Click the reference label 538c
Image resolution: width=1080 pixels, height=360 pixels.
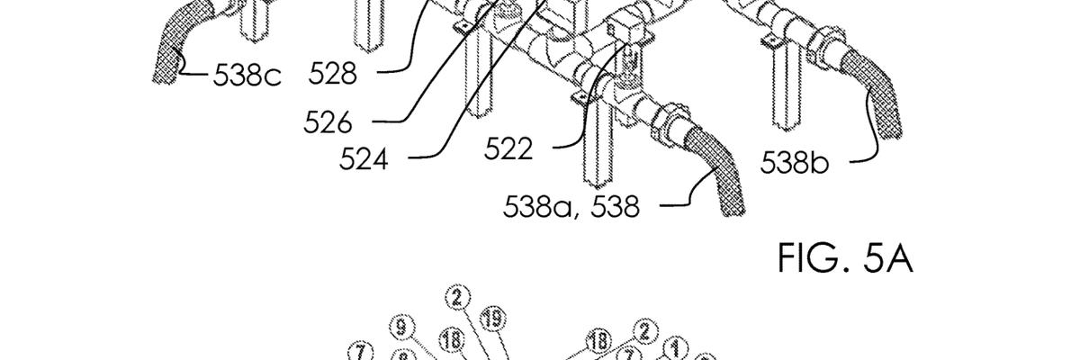point(247,76)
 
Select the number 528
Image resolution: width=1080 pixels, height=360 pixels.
point(333,74)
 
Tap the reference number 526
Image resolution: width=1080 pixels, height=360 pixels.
point(328,122)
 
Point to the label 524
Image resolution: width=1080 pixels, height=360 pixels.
point(364,159)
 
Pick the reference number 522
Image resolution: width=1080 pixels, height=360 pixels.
point(508,148)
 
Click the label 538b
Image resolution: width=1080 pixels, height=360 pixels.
point(795,162)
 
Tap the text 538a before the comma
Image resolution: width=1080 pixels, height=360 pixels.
point(538,207)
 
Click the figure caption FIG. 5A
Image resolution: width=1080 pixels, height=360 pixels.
point(846,258)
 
